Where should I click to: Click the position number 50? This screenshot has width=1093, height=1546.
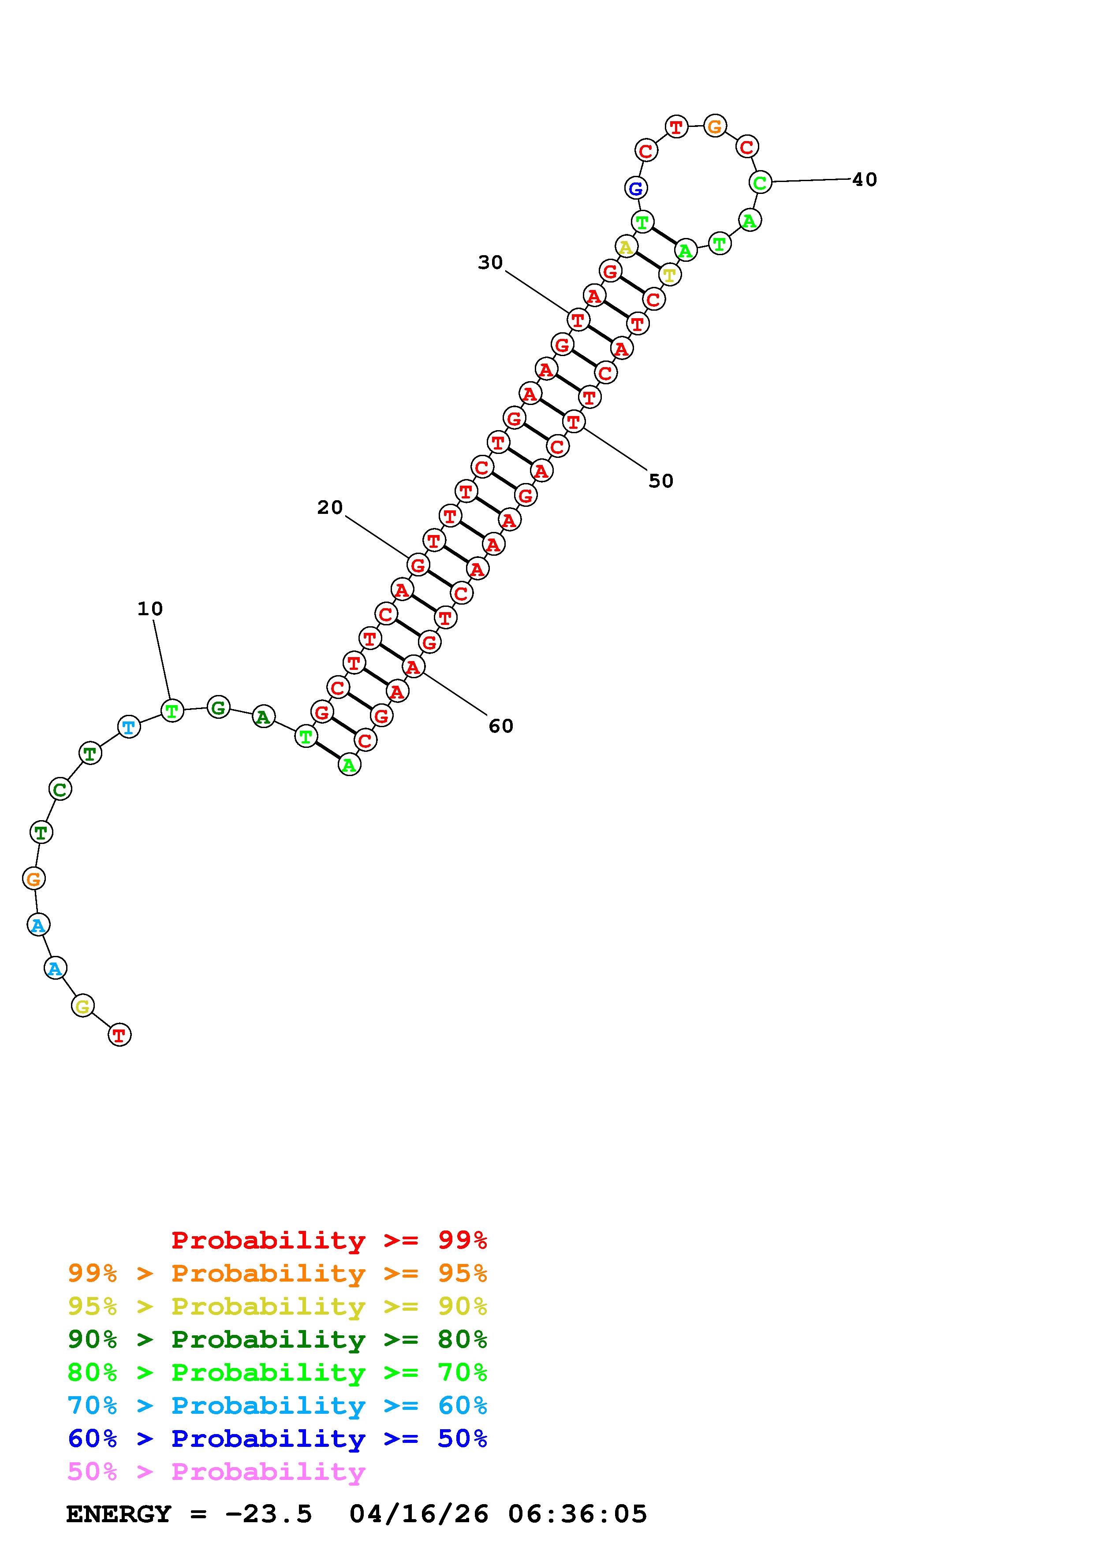(660, 481)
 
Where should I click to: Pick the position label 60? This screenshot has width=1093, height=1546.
(500, 726)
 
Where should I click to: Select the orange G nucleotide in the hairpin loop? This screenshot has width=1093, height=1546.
(715, 126)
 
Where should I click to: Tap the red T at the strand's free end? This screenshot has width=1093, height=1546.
(119, 1035)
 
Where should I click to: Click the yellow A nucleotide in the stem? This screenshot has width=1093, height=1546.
(626, 247)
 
